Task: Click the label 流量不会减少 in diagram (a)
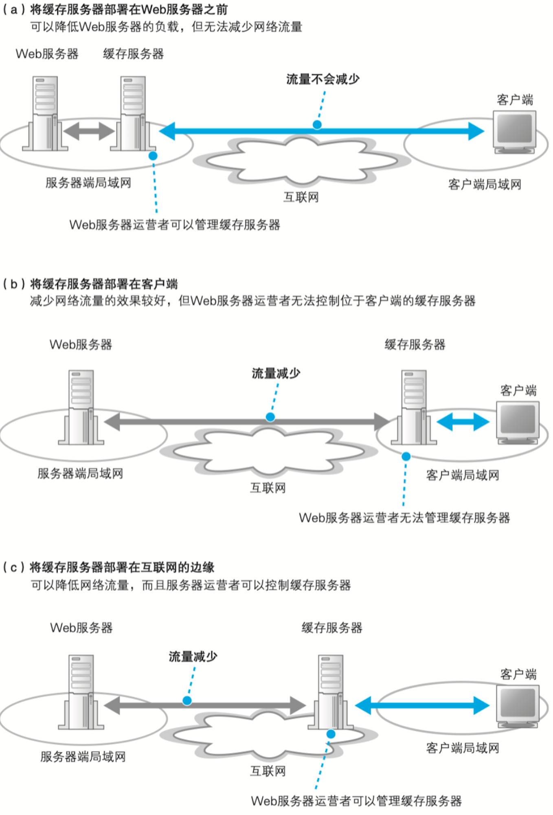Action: [323, 79]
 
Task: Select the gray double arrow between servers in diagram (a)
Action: [89, 131]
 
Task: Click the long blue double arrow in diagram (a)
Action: [322, 131]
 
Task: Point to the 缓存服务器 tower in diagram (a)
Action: [133, 113]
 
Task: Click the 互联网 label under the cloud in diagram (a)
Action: [301, 197]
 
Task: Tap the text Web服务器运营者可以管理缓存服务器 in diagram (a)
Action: [175, 225]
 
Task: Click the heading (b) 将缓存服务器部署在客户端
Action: [90, 284]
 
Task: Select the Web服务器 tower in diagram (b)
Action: [81, 407]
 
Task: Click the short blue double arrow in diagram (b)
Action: [463, 422]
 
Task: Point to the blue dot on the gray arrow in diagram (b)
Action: [270, 417]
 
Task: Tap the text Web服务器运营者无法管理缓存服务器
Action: [404, 518]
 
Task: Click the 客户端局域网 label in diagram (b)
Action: [463, 475]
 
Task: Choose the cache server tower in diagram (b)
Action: [414, 407]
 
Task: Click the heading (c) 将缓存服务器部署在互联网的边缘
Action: [108, 567]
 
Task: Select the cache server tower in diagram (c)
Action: [331, 692]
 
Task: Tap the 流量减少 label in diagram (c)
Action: [193, 656]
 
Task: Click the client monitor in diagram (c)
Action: [518, 706]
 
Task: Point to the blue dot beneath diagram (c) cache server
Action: [331, 734]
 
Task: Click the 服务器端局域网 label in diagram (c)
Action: [83, 757]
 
